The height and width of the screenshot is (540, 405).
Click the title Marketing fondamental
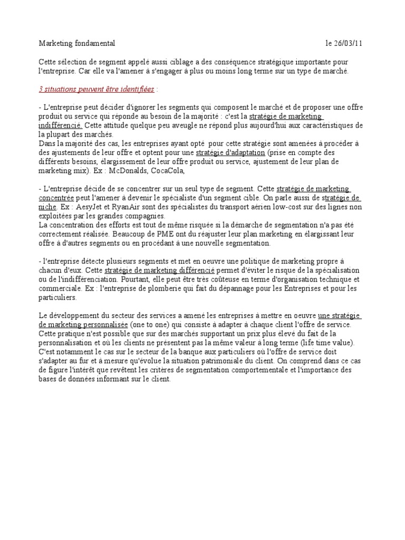(77, 43)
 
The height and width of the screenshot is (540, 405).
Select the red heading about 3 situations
(97, 90)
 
